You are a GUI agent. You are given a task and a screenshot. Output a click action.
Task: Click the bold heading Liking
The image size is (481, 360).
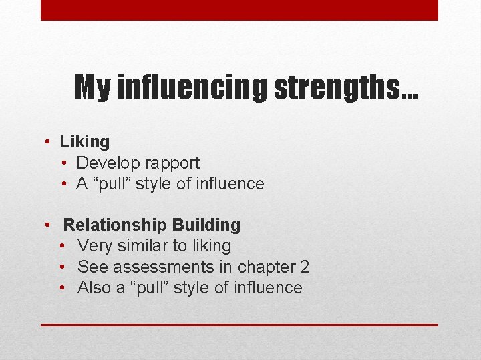(85, 141)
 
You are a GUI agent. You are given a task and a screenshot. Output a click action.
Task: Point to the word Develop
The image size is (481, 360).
(104, 163)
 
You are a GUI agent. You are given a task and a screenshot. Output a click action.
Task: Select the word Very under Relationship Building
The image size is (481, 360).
(95, 246)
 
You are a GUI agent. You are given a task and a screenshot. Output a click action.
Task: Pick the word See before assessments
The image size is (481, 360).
(93, 267)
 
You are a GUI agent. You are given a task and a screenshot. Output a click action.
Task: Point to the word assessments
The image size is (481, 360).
(163, 267)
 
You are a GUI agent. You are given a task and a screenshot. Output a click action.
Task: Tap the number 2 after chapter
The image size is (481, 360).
(304, 267)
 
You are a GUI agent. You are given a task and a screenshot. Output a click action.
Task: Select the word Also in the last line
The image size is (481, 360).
(95, 288)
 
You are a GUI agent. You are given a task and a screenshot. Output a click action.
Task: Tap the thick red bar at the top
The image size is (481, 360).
(239, 10)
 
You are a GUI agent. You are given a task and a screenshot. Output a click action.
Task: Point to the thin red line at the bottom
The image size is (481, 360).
(239, 325)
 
